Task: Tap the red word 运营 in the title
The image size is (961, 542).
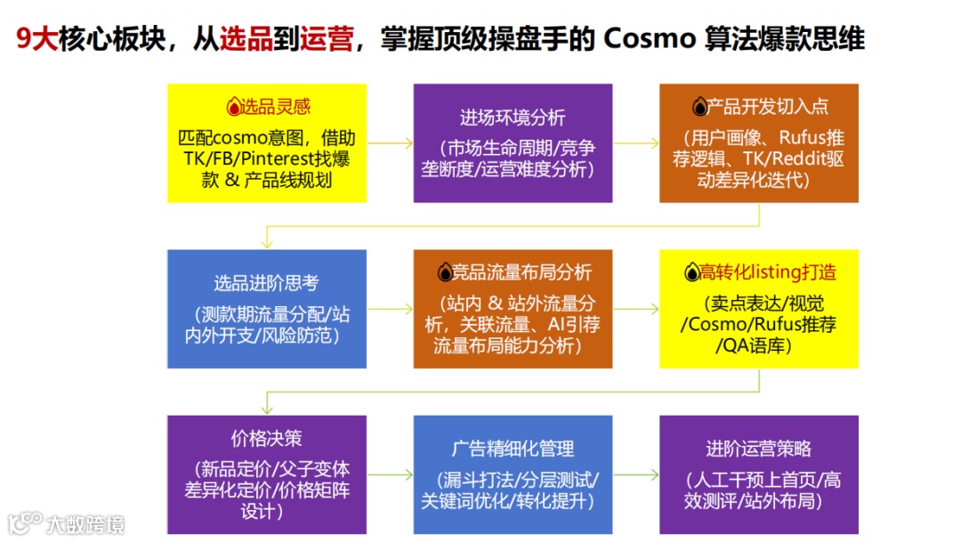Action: click(x=327, y=39)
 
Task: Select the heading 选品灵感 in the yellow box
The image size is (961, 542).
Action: click(x=276, y=107)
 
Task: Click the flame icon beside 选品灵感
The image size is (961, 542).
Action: click(x=234, y=108)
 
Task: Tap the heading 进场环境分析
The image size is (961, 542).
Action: click(x=513, y=117)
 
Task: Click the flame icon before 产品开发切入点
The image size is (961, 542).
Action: click(x=699, y=108)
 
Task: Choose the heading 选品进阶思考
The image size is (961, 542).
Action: click(x=266, y=283)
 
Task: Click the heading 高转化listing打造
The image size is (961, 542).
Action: click(x=768, y=272)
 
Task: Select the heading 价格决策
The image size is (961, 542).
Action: click(x=266, y=438)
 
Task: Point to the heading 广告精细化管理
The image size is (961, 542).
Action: click(x=513, y=449)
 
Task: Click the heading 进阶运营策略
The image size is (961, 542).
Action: click(x=758, y=449)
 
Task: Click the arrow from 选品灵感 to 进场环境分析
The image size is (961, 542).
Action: click(x=390, y=142)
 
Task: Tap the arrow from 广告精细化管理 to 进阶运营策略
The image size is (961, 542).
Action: click(x=636, y=475)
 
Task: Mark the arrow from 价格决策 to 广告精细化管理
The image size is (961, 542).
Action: click(x=390, y=475)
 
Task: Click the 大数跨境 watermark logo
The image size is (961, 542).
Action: click(x=67, y=523)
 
